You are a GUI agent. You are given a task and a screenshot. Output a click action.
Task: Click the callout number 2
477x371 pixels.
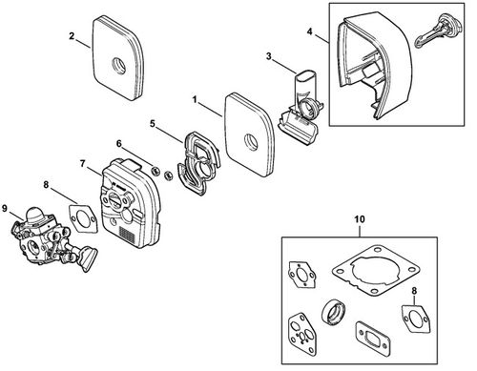pos(72,36)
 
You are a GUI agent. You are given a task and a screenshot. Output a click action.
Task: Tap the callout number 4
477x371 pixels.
pos(310,31)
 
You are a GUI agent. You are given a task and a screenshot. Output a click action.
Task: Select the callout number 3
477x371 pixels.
pos(269,56)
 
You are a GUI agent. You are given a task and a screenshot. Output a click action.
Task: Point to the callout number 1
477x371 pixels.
pos(195,99)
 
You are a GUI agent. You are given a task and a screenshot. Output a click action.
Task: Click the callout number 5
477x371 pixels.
pos(153,124)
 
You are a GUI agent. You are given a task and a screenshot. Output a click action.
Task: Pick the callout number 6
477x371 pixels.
pos(119,144)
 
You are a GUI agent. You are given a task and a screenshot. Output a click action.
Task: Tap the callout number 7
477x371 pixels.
pos(83,164)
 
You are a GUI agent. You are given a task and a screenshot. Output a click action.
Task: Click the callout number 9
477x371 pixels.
pos(5,208)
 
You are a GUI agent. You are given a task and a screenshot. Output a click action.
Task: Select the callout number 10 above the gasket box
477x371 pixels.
pos(360,219)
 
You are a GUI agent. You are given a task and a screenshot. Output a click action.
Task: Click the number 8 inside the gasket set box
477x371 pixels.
pos(414,291)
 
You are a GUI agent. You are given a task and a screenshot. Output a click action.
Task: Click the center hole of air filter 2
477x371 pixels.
pos(119,65)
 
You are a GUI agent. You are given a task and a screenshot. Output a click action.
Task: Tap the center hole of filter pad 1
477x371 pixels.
pos(251,140)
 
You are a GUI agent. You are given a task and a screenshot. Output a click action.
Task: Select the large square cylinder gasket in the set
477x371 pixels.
pos(375,270)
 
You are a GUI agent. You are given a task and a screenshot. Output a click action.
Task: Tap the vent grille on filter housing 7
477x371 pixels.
pos(127,235)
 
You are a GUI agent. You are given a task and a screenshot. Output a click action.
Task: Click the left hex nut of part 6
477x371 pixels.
pos(156,171)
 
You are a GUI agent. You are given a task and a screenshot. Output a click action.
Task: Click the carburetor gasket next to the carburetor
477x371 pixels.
pos(83,217)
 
